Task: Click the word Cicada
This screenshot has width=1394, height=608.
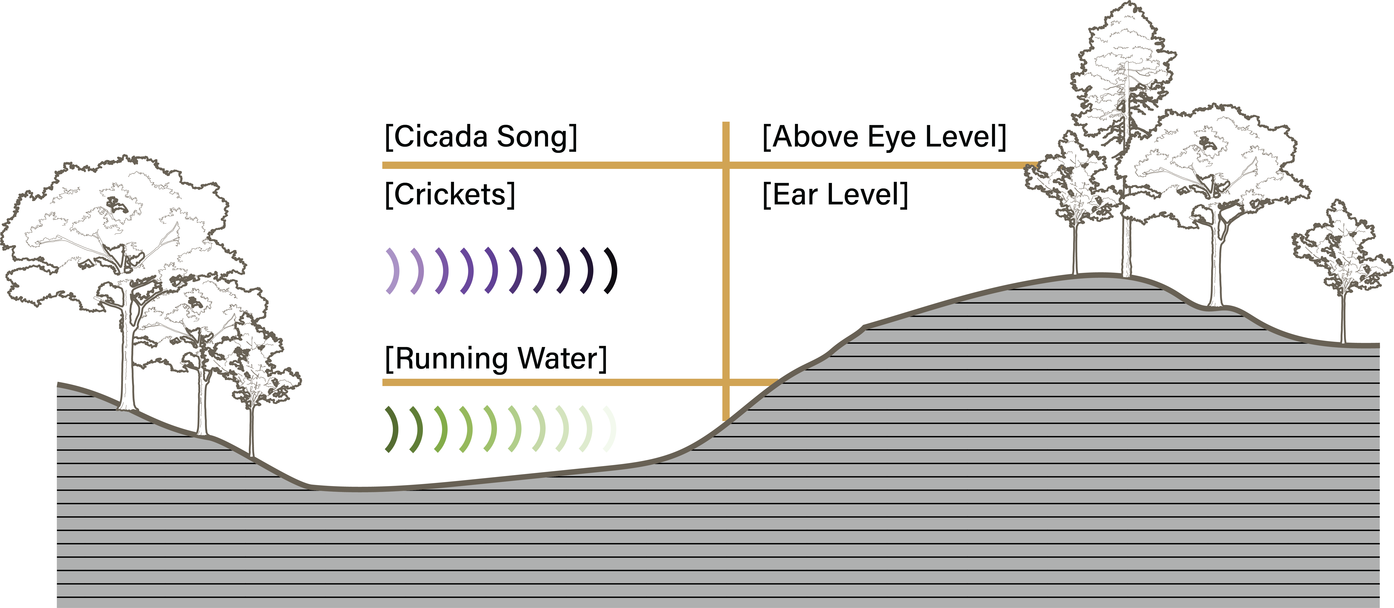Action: point(439,136)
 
